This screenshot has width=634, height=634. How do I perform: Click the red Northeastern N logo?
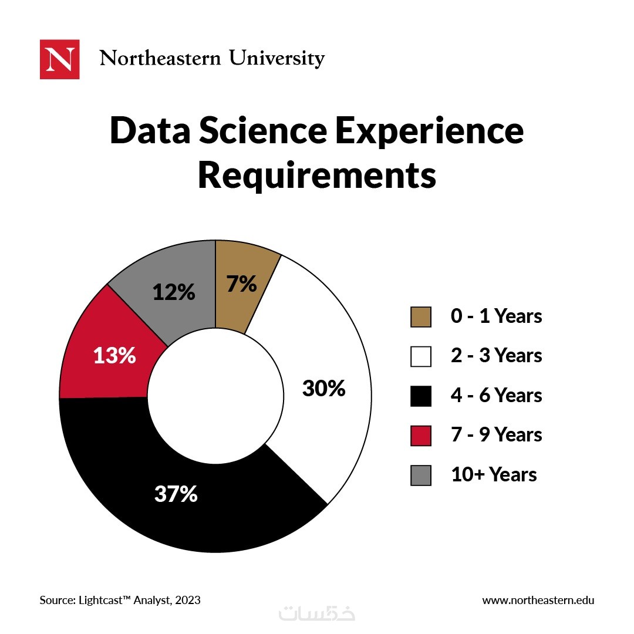click(x=59, y=59)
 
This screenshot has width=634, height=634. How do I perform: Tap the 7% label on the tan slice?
click(x=242, y=284)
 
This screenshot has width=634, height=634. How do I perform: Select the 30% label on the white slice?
click(x=323, y=388)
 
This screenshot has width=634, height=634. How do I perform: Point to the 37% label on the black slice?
click(x=176, y=494)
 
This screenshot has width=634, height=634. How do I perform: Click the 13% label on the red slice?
click(x=115, y=355)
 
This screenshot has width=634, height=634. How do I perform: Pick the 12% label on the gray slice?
click(x=174, y=292)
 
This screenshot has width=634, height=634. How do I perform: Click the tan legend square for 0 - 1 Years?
click(x=421, y=317)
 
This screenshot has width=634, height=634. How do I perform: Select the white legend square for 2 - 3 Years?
click(x=421, y=356)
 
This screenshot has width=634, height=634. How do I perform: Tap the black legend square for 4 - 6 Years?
click(x=421, y=396)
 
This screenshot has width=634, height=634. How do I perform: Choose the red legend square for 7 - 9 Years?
click(x=421, y=436)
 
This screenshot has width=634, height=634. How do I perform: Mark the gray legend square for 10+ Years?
click(x=421, y=475)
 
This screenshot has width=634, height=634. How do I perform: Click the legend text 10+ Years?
click(x=494, y=474)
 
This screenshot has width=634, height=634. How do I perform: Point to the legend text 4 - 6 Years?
click(x=496, y=396)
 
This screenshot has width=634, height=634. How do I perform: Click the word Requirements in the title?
click(x=317, y=175)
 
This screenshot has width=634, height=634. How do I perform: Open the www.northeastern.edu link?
click(x=538, y=600)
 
